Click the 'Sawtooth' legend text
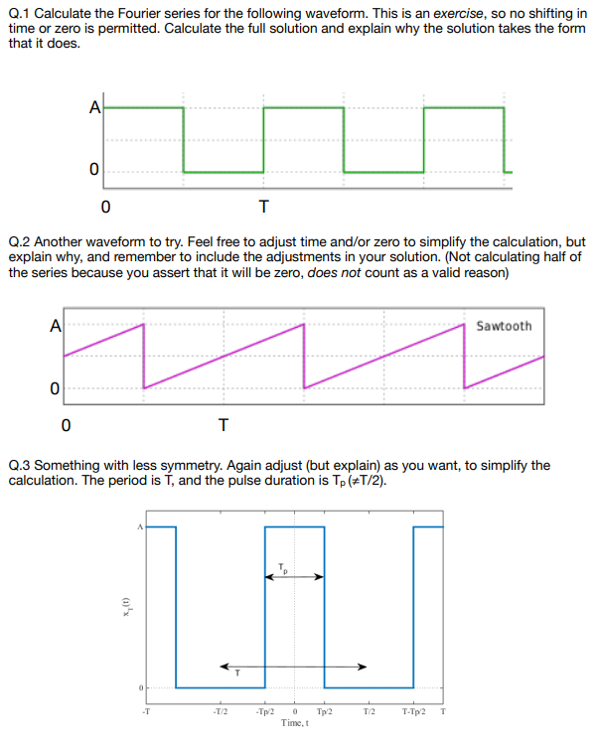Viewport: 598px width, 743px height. coord(504,326)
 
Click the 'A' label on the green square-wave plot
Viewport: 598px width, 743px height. coord(94,109)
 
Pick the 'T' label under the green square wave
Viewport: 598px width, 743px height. coord(262,208)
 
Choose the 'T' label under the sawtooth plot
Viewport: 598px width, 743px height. coord(224,426)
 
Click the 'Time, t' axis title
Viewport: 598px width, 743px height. coord(294,723)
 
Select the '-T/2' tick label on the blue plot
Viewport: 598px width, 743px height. coord(220,712)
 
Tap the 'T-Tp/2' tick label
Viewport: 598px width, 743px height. coord(415,712)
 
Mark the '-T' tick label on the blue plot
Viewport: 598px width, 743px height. coord(145,712)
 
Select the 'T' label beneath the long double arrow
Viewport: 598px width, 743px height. coord(236,673)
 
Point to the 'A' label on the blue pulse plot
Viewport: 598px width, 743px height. coord(140,527)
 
